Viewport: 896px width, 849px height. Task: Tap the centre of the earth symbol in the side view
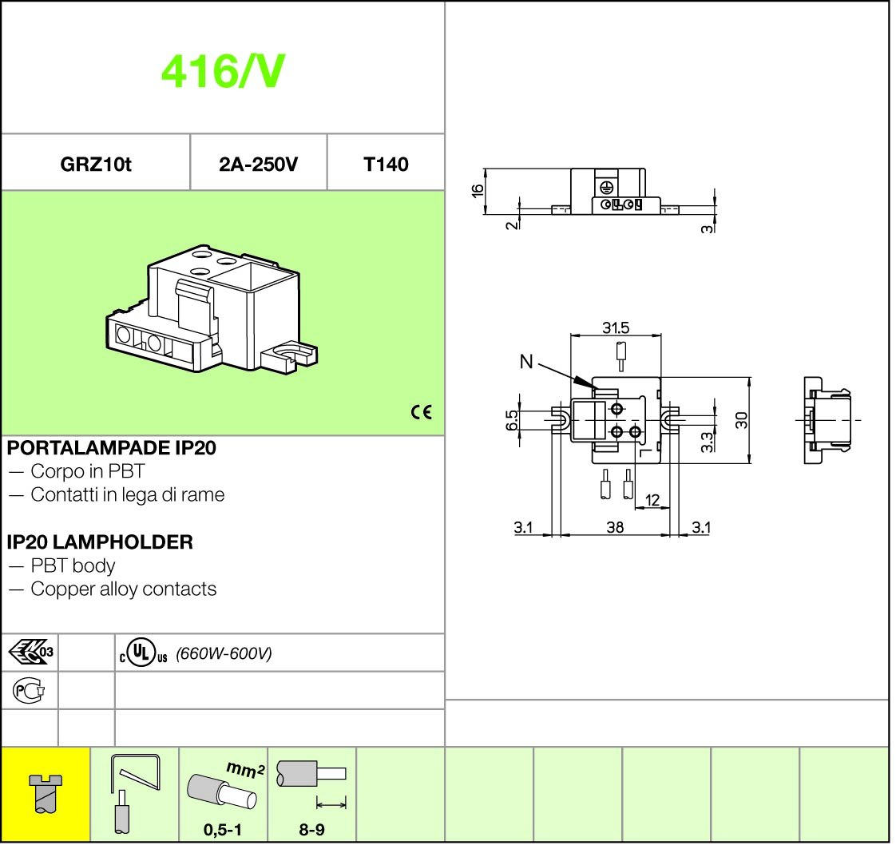607,187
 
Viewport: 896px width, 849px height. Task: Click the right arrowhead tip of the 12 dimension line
669,507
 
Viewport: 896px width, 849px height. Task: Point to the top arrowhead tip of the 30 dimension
750,378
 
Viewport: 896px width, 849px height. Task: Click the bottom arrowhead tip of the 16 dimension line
484,214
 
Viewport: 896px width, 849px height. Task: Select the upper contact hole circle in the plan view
616,409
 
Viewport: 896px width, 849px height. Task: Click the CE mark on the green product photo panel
422,412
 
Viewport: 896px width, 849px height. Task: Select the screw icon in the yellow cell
46,794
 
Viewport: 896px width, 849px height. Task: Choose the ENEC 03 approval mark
31,652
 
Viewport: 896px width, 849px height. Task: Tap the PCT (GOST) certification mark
29,691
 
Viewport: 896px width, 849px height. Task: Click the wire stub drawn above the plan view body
620,356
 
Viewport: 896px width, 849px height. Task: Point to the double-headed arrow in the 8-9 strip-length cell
331,805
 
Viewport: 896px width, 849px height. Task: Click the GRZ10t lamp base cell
95,164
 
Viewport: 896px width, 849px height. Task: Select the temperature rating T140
387,165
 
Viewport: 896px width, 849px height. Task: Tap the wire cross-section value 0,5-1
223,830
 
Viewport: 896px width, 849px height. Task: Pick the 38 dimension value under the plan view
615,527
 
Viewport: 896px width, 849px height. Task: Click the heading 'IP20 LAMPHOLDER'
100,542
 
